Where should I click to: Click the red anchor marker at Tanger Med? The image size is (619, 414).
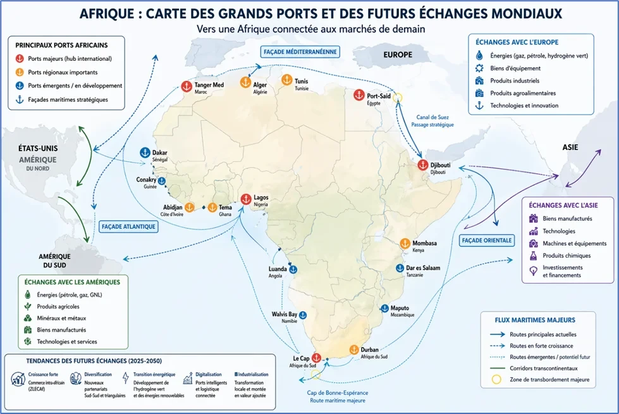click(x=187, y=87)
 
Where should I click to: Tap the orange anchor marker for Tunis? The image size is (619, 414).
click(x=287, y=80)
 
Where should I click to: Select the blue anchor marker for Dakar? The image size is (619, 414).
click(x=145, y=153)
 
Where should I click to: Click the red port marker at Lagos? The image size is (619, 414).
click(x=247, y=199)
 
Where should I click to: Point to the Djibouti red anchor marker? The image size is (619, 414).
click(x=423, y=165)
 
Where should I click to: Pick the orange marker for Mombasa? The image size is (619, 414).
click(x=405, y=244)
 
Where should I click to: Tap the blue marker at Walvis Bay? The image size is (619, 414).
click(x=303, y=315)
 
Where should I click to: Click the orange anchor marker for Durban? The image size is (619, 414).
click(x=354, y=350)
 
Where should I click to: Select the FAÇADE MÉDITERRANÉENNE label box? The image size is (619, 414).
click(x=300, y=52)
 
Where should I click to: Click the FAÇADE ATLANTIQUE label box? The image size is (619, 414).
click(x=128, y=227)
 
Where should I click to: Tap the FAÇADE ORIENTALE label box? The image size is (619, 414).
click(x=487, y=241)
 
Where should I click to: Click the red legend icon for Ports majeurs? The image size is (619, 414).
click(x=20, y=58)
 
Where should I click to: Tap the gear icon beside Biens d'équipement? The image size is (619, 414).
click(x=479, y=68)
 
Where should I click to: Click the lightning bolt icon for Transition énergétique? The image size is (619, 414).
click(x=126, y=378)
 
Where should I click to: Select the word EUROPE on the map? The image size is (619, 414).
click(x=398, y=55)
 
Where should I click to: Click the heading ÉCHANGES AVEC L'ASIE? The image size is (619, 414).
click(x=563, y=205)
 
